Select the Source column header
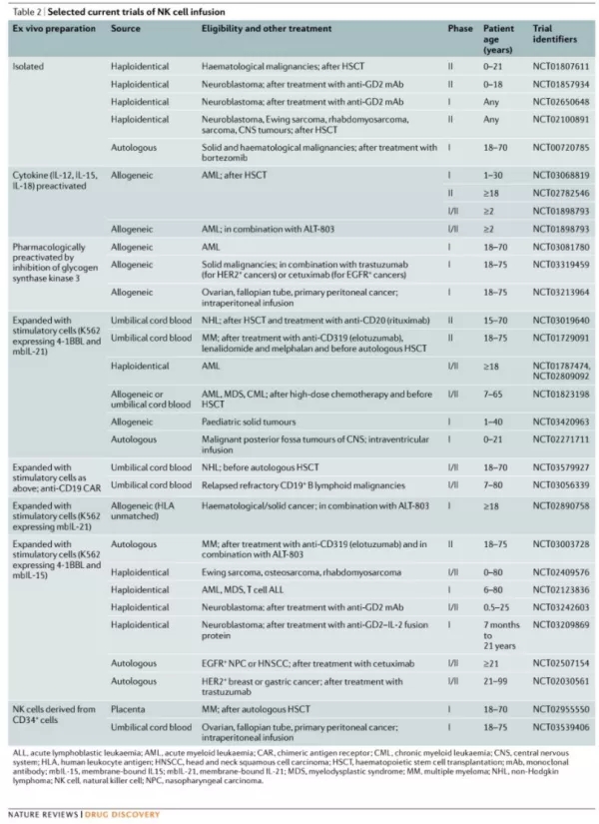tap(125, 29)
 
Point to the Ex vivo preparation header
tap(53, 29)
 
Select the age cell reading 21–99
tap(496, 680)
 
